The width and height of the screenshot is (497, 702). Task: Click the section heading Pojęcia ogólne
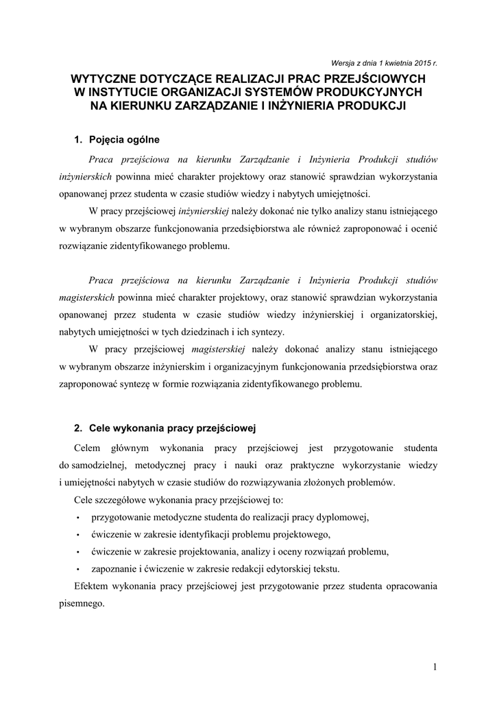[x=124, y=140]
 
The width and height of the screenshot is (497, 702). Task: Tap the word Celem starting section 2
[x=87, y=448]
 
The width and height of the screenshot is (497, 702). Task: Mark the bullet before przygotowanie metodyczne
[x=80, y=518]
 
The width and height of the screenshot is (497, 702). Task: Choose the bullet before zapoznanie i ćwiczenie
[x=80, y=570]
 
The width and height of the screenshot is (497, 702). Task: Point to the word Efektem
[x=91, y=588]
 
